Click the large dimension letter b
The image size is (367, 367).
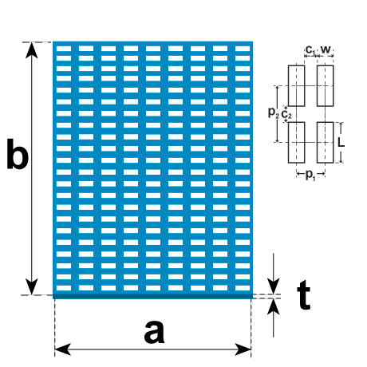coord(18,154)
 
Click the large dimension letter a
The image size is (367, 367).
coord(154,332)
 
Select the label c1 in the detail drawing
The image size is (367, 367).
coord(310,49)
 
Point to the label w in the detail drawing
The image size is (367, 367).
coord(326,49)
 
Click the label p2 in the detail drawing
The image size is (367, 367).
coord(274,112)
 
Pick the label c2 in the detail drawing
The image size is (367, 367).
coord(286,115)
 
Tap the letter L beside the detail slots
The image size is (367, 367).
coord(341,143)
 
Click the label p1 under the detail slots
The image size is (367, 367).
coord(310,176)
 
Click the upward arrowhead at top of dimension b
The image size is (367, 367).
coord(32,50)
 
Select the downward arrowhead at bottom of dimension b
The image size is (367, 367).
coord(32,286)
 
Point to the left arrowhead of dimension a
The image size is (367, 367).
coord(63,349)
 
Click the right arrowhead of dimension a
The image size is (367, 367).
coord(243,349)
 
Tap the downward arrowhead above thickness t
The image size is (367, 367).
coord(274,286)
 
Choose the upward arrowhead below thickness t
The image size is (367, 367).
coord(274,307)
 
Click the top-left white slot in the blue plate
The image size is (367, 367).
coord(64,49)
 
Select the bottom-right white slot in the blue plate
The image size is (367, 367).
coord(243,288)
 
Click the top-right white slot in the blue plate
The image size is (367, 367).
coord(243,49)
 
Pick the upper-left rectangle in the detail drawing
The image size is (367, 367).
coord(296,85)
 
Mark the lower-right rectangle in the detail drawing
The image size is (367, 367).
coord(325,142)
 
